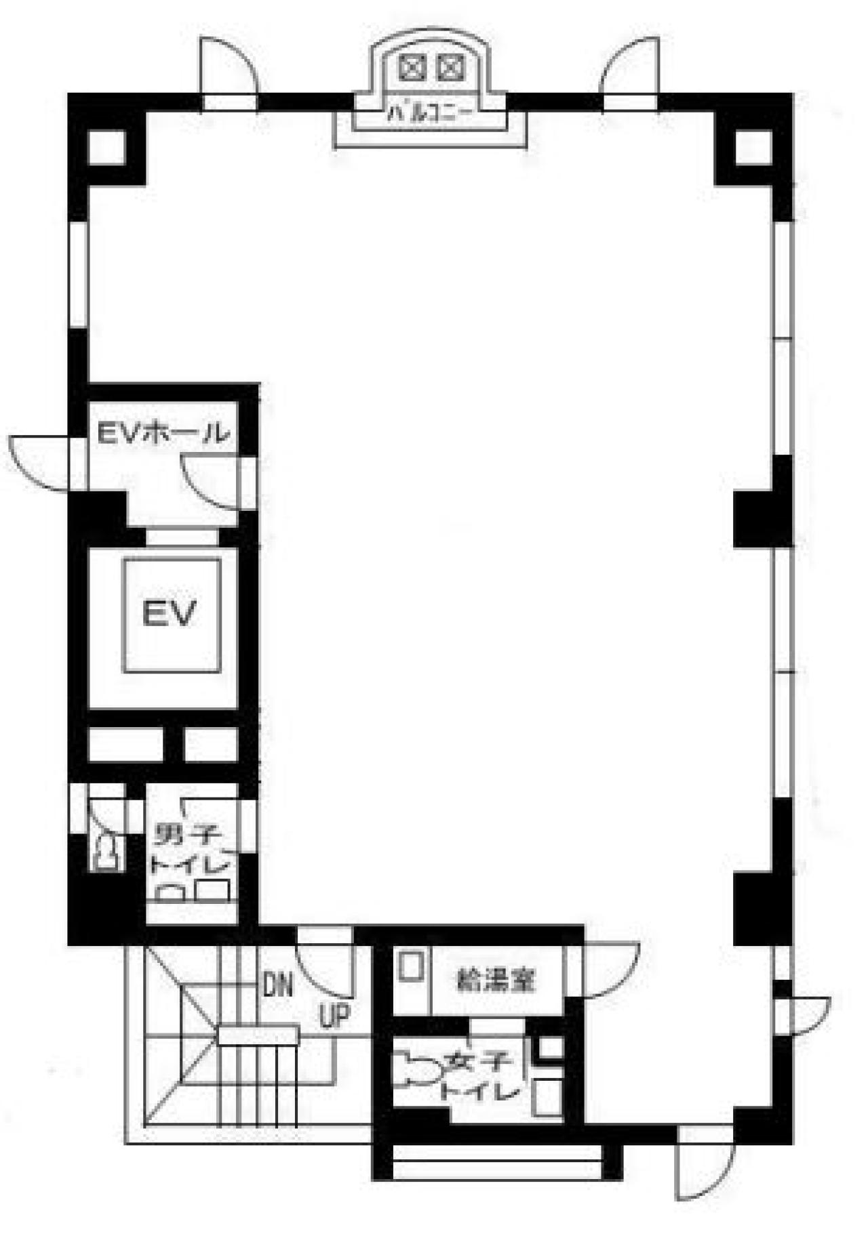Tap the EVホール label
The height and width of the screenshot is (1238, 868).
point(163,433)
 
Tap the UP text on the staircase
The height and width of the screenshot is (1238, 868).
point(334,1016)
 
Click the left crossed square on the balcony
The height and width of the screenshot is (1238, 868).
point(412,67)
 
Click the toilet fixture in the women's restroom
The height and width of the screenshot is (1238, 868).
point(415,1069)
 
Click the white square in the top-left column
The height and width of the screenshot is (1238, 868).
point(106,147)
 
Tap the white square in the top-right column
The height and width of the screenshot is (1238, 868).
point(753,147)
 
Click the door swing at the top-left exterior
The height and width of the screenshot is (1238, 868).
point(228,66)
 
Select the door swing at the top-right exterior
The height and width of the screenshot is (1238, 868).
point(630,66)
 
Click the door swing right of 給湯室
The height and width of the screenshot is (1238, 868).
point(610,970)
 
